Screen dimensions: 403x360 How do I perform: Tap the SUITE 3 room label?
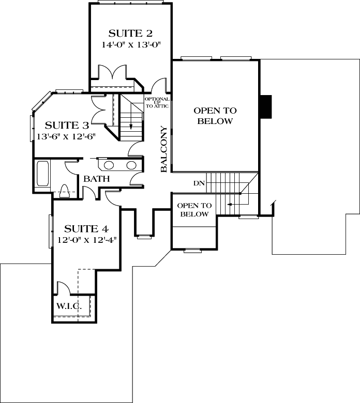[67, 126]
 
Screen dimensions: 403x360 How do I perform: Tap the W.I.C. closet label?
[69, 306]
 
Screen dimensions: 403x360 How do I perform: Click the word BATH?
[97, 179]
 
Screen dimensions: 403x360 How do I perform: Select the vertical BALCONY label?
[163, 149]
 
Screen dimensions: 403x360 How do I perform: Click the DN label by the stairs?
[199, 183]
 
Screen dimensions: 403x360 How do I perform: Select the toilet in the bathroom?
[65, 191]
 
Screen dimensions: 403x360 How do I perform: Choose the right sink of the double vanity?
[132, 166]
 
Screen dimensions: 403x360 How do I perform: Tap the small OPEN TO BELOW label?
[194, 210]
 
